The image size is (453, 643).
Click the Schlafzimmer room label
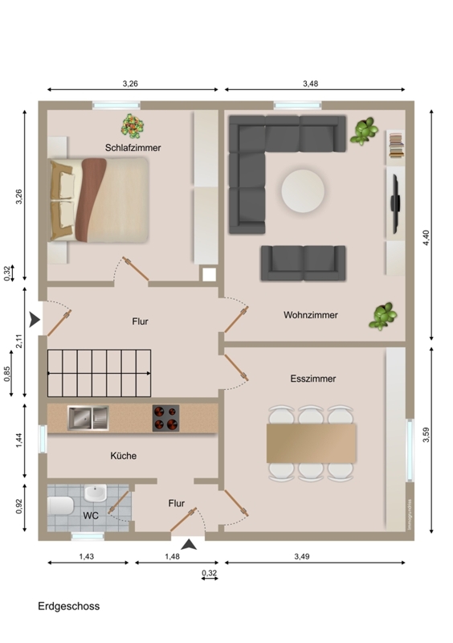(133, 148)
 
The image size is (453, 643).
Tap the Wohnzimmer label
(311, 315)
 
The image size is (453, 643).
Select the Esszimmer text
(313, 379)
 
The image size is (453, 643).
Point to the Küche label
(124, 456)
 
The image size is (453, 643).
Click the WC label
(91, 515)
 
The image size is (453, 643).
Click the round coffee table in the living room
(303, 191)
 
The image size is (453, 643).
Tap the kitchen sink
(88, 418)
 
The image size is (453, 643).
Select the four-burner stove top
(166, 418)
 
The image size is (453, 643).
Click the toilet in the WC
(60, 506)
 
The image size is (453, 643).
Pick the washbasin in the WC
(96, 493)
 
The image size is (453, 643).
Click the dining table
(311, 444)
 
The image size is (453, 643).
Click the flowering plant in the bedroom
(133, 126)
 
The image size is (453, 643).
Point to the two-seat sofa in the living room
(304, 264)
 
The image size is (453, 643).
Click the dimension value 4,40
(426, 238)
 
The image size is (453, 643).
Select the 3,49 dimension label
(302, 556)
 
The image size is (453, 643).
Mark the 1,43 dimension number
(87, 556)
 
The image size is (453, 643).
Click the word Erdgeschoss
(69, 606)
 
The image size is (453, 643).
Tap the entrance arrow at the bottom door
(189, 545)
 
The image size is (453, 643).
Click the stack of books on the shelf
(397, 146)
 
